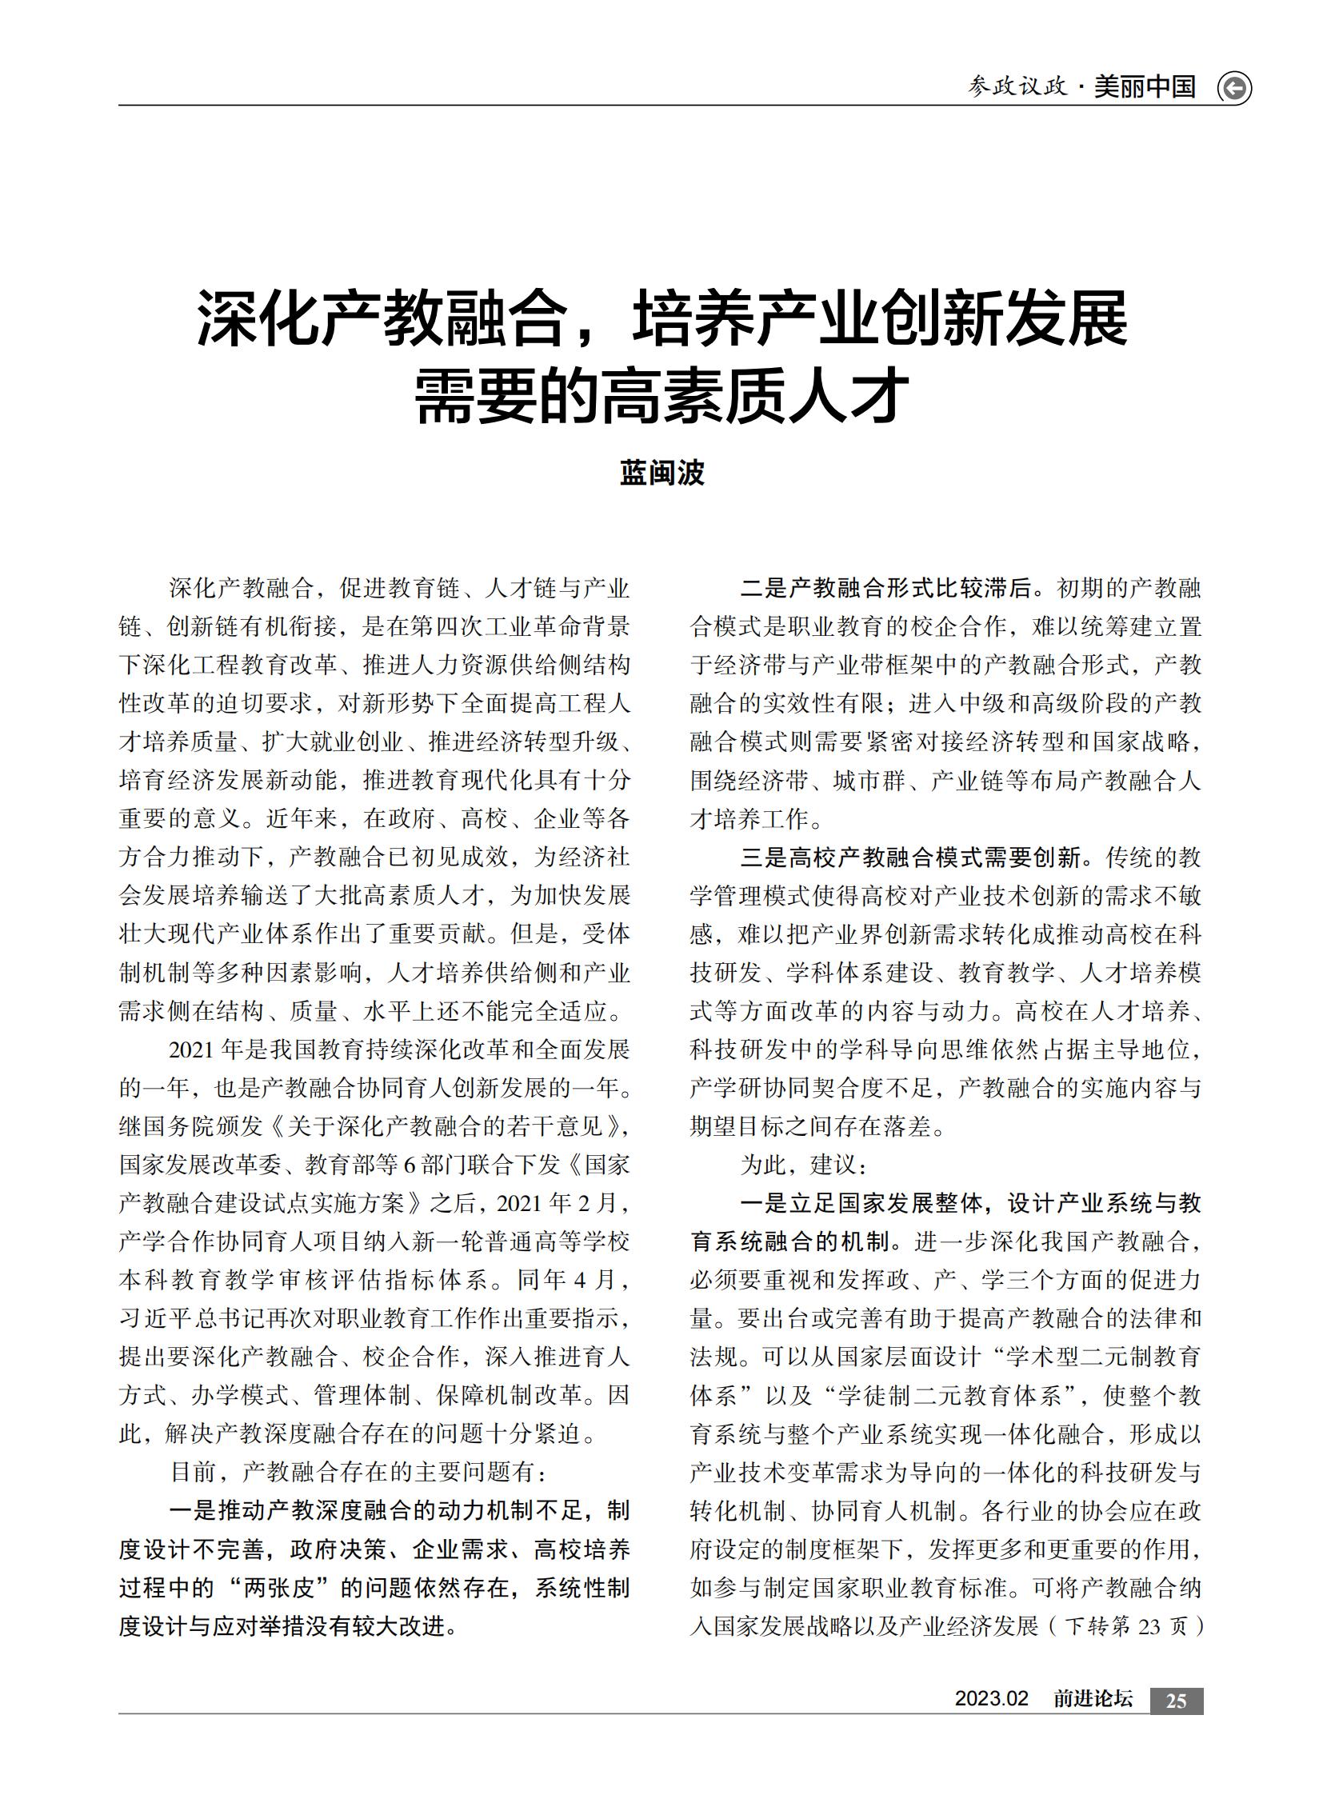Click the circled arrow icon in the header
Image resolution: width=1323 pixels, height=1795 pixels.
[1233, 88]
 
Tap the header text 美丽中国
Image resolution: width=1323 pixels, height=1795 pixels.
[1145, 86]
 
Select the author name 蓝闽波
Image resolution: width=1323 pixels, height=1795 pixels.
[661, 473]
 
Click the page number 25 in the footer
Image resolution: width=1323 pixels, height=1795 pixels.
[1176, 1701]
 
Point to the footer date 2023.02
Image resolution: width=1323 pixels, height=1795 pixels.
[990, 1699]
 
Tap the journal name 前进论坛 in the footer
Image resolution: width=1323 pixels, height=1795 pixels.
[1093, 1699]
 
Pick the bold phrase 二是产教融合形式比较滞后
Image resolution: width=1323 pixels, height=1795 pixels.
[885, 589]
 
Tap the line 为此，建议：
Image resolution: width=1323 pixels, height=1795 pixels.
[800, 1165]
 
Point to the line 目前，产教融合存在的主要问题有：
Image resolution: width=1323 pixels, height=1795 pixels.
[360, 1471]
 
